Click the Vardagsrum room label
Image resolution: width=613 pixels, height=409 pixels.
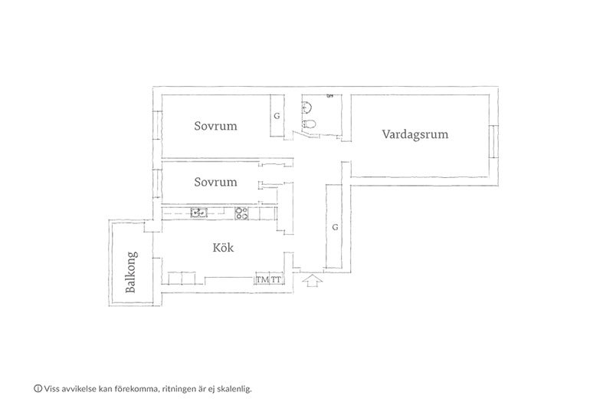[415, 134]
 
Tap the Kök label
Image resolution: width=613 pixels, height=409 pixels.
[223, 247]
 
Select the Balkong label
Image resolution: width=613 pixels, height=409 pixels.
[131, 272]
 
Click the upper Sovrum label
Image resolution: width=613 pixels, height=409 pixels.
[215, 126]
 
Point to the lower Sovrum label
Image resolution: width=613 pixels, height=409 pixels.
[215, 182]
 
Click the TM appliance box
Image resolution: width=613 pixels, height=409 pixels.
[262, 279]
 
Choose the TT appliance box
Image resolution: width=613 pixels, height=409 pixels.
[277, 279]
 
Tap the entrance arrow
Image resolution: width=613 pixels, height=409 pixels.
[313, 281]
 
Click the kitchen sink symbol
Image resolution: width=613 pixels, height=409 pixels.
[199, 213]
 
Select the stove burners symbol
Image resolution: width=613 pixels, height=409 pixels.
[241, 213]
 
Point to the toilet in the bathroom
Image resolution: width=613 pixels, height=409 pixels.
[309, 124]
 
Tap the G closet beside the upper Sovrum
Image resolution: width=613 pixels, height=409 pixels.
[277, 116]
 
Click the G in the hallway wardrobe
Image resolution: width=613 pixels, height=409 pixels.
[335, 227]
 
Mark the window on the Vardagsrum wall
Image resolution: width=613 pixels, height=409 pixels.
[493, 141]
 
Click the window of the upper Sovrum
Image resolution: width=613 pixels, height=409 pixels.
[157, 125]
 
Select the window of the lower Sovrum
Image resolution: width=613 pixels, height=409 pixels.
[157, 184]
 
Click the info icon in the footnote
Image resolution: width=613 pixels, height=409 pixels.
[38, 388]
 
